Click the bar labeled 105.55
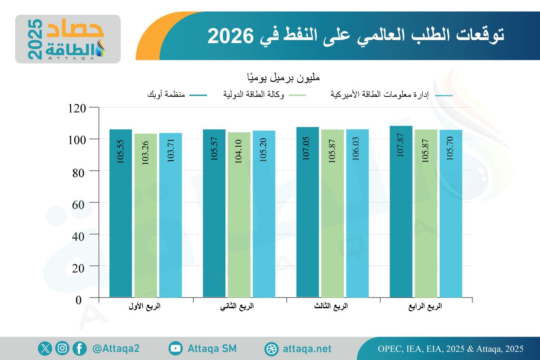pyautogui.click(x=121, y=213)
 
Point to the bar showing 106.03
pyautogui.click(x=357, y=213)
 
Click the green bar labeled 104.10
pyautogui.click(x=238, y=215)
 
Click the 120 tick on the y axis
pyautogui.click(x=78, y=108)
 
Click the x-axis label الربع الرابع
pyautogui.click(x=425, y=307)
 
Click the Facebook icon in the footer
pyautogui.click(x=80, y=348)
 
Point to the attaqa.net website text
pyautogui.click(x=307, y=349)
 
